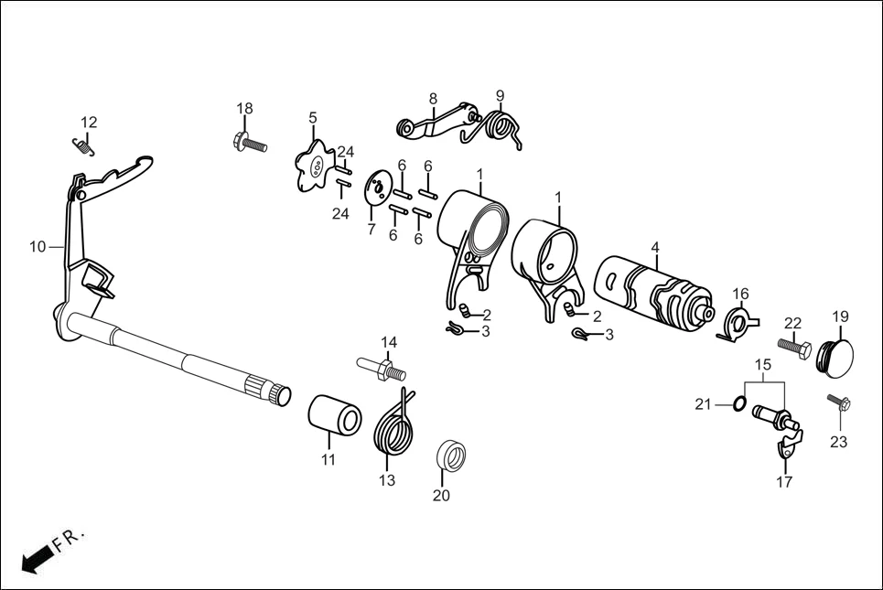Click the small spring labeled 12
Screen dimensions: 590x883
click(83, 143)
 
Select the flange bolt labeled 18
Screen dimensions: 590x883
click(249, 143)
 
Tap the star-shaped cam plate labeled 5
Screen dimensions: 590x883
click(315, 166)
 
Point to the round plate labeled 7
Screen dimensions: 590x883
click(375, 186)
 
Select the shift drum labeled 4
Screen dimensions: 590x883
click(651, 285)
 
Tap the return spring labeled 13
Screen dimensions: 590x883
click(394, 424)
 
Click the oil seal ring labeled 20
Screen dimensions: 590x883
click(449, 454)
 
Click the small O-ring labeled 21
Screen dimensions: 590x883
click(738, 404)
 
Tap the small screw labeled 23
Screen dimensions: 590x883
click(840, 403)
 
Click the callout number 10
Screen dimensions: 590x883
click(38, 246)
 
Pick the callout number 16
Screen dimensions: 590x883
click(740, 294)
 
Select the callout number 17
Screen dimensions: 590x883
click(785, 482)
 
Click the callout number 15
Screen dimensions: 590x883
click(761, 364)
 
